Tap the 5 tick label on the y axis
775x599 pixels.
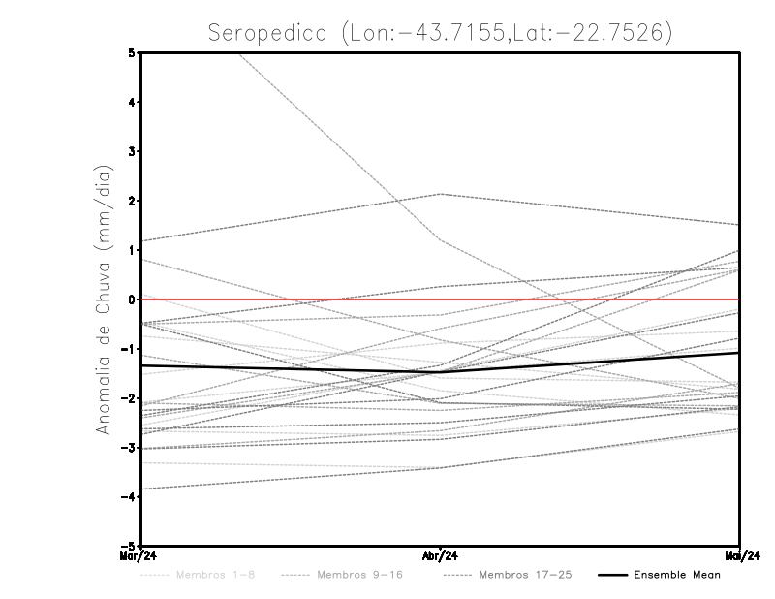coord(131,52)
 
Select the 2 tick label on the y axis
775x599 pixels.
coord(131,201)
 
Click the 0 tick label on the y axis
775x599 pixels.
coord(131,299)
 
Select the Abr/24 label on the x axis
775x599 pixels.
coord(441,556)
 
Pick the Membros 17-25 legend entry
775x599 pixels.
coord(524,575)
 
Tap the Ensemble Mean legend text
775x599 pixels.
coord(676,575)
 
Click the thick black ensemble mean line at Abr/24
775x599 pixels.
coord(441,371)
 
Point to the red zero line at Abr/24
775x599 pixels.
coord(441,299)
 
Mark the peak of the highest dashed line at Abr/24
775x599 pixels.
coord(441,194)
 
